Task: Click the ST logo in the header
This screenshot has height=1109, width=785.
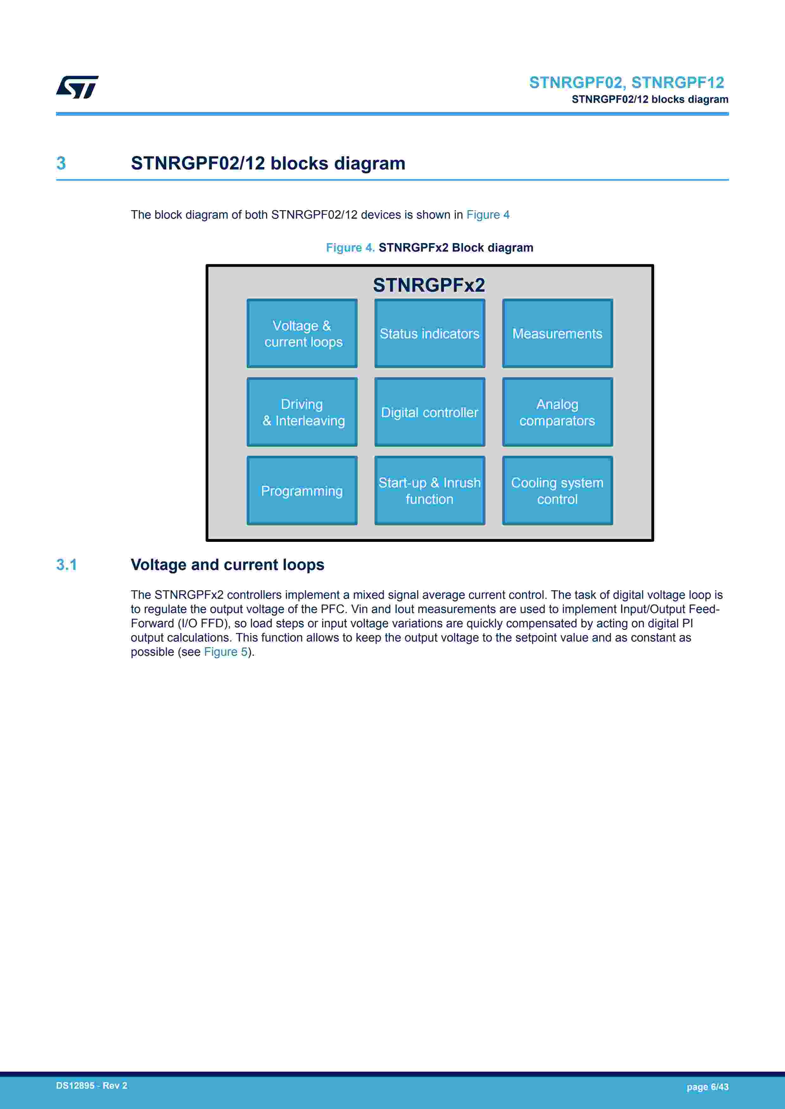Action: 77,87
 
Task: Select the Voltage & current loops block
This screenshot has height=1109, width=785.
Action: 302,333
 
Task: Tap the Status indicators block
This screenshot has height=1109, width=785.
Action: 429,333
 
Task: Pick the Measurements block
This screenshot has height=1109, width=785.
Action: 557,333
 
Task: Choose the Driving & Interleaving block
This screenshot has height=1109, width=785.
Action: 302,412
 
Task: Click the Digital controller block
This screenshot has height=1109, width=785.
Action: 429,412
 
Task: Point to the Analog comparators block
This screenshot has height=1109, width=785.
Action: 557,412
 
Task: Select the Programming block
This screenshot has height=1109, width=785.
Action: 302,491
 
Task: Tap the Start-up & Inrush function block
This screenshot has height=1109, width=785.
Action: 429,491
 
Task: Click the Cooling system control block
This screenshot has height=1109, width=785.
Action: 557,491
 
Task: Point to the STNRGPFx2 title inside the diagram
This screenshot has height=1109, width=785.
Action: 429,285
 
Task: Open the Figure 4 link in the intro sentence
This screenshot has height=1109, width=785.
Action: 488,215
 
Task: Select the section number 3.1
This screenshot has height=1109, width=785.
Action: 67,565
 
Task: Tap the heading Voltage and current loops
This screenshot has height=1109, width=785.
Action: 227,565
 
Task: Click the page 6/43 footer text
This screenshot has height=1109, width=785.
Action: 707,1087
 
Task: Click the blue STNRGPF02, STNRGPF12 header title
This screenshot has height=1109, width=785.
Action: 626,83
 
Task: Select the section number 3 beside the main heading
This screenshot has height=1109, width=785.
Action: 61,163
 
